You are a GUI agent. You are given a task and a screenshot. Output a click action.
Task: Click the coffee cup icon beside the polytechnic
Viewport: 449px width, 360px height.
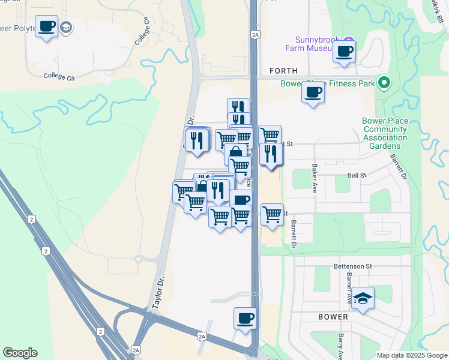[x=47, y=26]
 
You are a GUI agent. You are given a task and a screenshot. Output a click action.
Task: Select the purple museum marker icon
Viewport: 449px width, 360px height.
[x=349, y=40]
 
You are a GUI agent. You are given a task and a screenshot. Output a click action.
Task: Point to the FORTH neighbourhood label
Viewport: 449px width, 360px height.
[x=283, y=71]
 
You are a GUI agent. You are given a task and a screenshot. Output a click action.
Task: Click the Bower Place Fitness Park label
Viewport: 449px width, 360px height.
[x=328, y=83]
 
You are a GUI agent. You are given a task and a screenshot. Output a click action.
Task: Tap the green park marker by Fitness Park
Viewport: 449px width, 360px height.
[x=383, y=83]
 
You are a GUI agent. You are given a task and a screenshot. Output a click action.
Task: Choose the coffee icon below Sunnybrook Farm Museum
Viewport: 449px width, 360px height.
[x=345, y=52]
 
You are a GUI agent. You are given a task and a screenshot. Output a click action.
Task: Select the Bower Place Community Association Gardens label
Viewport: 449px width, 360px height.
[x=385, y=133]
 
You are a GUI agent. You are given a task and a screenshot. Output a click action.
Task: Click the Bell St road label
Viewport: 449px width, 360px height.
[x=357, y=175]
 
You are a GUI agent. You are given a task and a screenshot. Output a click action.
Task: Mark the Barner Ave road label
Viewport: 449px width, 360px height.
[x=348, y=286]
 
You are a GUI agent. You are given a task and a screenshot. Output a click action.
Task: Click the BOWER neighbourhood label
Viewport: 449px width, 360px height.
[x=333, y=316]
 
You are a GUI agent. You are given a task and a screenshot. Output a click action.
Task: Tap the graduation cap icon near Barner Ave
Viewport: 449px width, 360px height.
[x=363, y=298]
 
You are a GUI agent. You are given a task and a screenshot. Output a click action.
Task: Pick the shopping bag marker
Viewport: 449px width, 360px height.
[x=235, y=153]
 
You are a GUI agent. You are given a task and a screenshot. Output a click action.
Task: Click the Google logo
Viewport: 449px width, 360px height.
[x=20, y=353]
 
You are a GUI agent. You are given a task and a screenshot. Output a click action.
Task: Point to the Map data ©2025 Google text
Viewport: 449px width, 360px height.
[x=411, y=355]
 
